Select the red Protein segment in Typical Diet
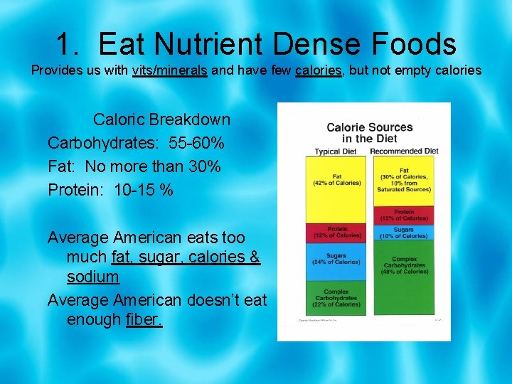(x=336, y=232)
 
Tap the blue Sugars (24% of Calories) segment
(x=336, y=260)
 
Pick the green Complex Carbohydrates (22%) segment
(x=336, y=297)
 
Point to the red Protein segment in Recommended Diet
(x=404, y=215)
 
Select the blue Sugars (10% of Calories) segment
(x=404, y=232)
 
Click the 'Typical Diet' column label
(x=337, y=151)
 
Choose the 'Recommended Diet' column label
(x=404, y=151)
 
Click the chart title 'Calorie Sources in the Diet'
(x=369, y=133)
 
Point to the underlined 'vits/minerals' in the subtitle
(x=169, y=71)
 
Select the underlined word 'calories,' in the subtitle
(x=319, y=71)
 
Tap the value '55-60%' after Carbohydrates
(x=197, y=143)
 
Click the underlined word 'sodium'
(x=92, y=276)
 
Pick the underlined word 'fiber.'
(x=144, y=319)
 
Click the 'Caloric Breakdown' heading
(x=161, y=119)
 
